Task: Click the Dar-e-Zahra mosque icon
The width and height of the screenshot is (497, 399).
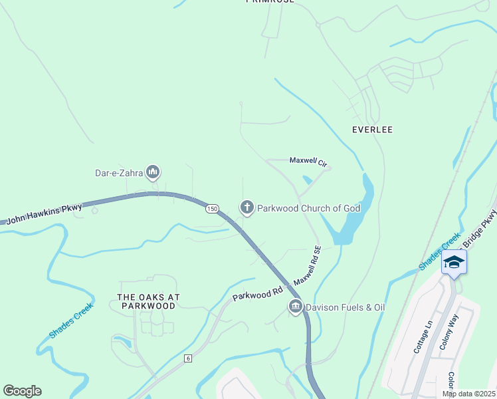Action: point(153,173)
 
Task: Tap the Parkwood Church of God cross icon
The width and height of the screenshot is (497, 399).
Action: point(247,208)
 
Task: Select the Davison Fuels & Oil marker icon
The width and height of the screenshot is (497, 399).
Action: point(295,307)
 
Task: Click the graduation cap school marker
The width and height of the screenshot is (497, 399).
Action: point(454,262)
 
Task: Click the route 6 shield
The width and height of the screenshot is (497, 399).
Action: point(189,358)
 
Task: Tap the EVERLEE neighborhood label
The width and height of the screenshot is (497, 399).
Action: point(373,130)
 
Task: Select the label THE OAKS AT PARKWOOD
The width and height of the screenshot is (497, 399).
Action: point(148,301)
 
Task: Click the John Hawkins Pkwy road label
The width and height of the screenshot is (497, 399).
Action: point(45,213)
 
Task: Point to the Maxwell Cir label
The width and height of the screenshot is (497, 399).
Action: point(308,161)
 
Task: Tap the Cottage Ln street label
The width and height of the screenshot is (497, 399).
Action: point(423,336)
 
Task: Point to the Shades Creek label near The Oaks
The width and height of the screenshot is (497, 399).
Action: point(71,320)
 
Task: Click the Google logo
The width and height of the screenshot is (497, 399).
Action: point(22,391)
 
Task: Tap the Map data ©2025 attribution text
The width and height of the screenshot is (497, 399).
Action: point(468,394)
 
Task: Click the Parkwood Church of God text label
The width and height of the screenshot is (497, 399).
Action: point(308,208)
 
